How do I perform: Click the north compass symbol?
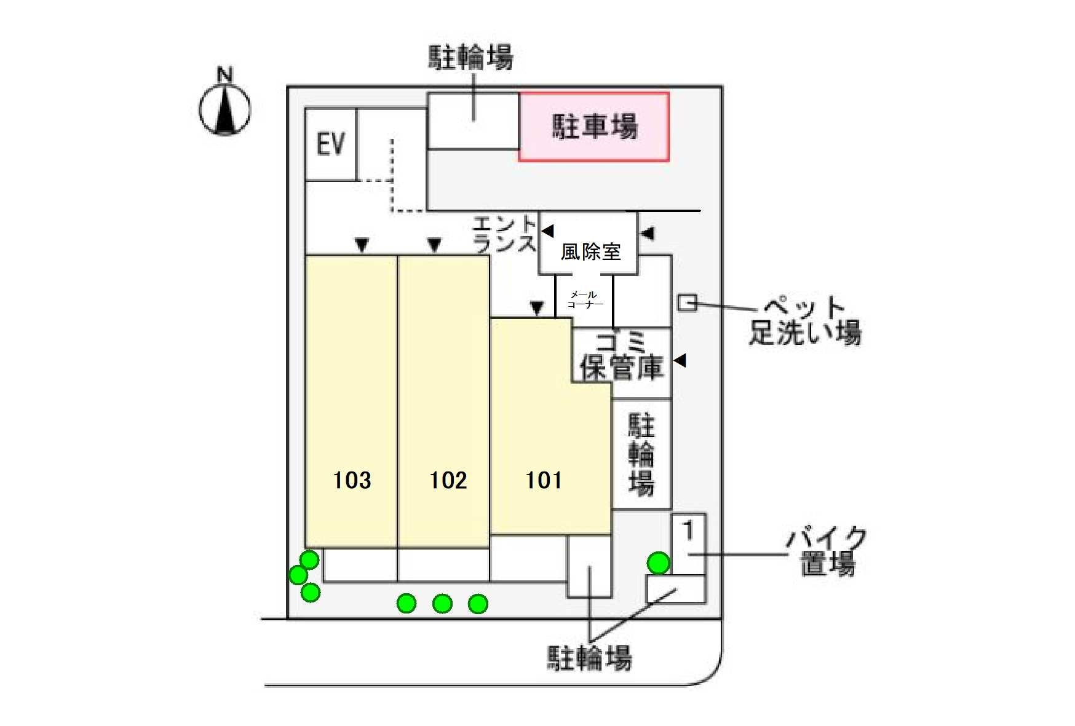pyautogui.click(x=224, y=109)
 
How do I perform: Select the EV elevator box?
pyautogui.click(x=330, y=144)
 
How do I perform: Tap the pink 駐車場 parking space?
pyautogui.click(x=593, y=127)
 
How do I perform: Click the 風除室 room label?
pyautogui.click(x=590, y=251)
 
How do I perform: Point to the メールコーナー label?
pyautogui.click(x=584, y=299)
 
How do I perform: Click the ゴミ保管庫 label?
pyautogui.click(x=622, y=356)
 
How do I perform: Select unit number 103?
pyautogui.click(x=352, y=480)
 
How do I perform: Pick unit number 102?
pyautogui.click(x=448, y=480)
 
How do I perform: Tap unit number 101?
pyautogui.click(x=544, y=480)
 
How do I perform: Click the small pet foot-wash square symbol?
pyautogui.click(x=687, y=302)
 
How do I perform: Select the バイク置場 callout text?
pyautogui.click(x=827, y=551)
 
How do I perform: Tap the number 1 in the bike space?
pyautogui.click(x=689, y=530)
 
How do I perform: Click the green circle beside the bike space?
pyautogui.click(x=658, y=562)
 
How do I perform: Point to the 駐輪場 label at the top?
pyautogui.click(x=470, y=57)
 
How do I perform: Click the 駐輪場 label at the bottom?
pyautogui.click(x=589, y=658)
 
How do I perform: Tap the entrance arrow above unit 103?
pyautogui.click(x=362, y=245)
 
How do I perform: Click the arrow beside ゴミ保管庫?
pyautogui.click(x=680, y=360)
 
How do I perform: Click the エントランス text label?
pyautogui.click(x=504, y=234)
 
